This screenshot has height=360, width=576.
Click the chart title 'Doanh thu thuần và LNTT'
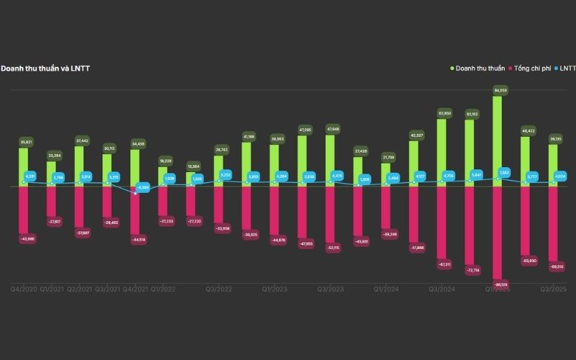(45, 68)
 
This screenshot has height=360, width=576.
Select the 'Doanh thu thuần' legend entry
(479, 68)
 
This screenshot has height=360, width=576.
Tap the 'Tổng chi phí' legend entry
(534, 68)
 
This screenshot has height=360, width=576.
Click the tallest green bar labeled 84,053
(498, 137)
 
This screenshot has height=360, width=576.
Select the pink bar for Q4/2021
(135, 212)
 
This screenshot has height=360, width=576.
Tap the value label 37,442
(79, 140)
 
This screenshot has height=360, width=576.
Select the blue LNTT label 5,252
(225, 175)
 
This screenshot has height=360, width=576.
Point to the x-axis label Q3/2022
(219, 289)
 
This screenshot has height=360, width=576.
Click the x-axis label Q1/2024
(386, 289)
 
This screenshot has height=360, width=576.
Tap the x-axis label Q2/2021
(79, 289)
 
